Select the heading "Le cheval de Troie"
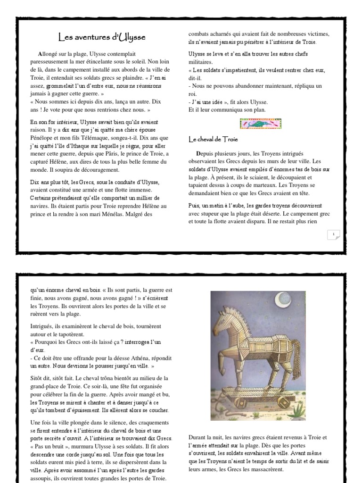213,139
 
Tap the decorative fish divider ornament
261,124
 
